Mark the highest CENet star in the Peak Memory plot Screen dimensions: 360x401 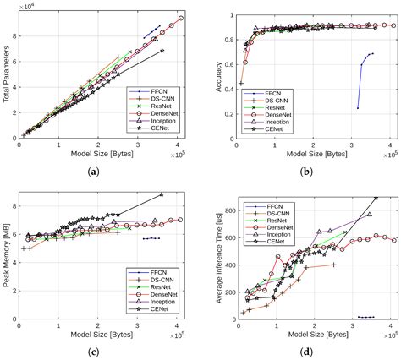coord(162,195)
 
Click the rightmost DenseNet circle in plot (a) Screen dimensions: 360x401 coord(180,19)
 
